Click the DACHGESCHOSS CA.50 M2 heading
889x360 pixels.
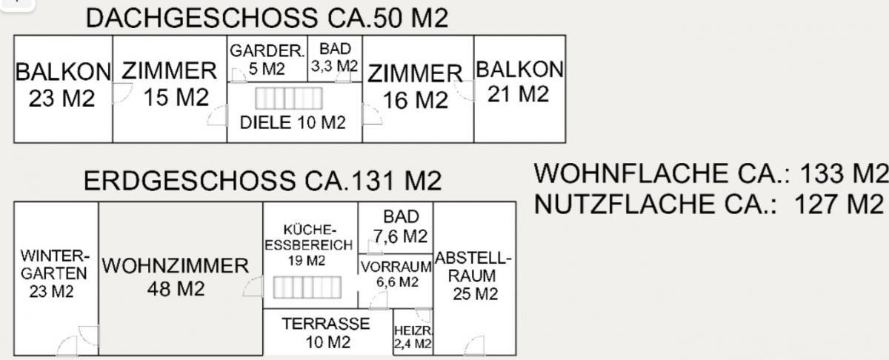[x=267, y=18]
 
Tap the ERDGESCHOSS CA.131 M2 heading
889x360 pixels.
[x=262, y=181]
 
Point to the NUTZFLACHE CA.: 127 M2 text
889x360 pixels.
[x=710, y=204]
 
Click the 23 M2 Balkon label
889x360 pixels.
[x=62, y=85]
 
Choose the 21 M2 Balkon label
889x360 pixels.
[x=519, y=81]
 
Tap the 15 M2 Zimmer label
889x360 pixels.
[x=169, y=84]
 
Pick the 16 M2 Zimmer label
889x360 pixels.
[x=415, y=87]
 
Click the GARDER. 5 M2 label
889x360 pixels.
[x=267, y=60]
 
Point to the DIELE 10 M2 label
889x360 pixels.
[x=293, y=123]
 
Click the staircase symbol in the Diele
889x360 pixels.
[x=289, y=99]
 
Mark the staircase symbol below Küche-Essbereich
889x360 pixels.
[x=307, y=287]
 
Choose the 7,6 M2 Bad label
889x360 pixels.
[x=400, y=227]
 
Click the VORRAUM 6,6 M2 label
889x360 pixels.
[x=396, y=273]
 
